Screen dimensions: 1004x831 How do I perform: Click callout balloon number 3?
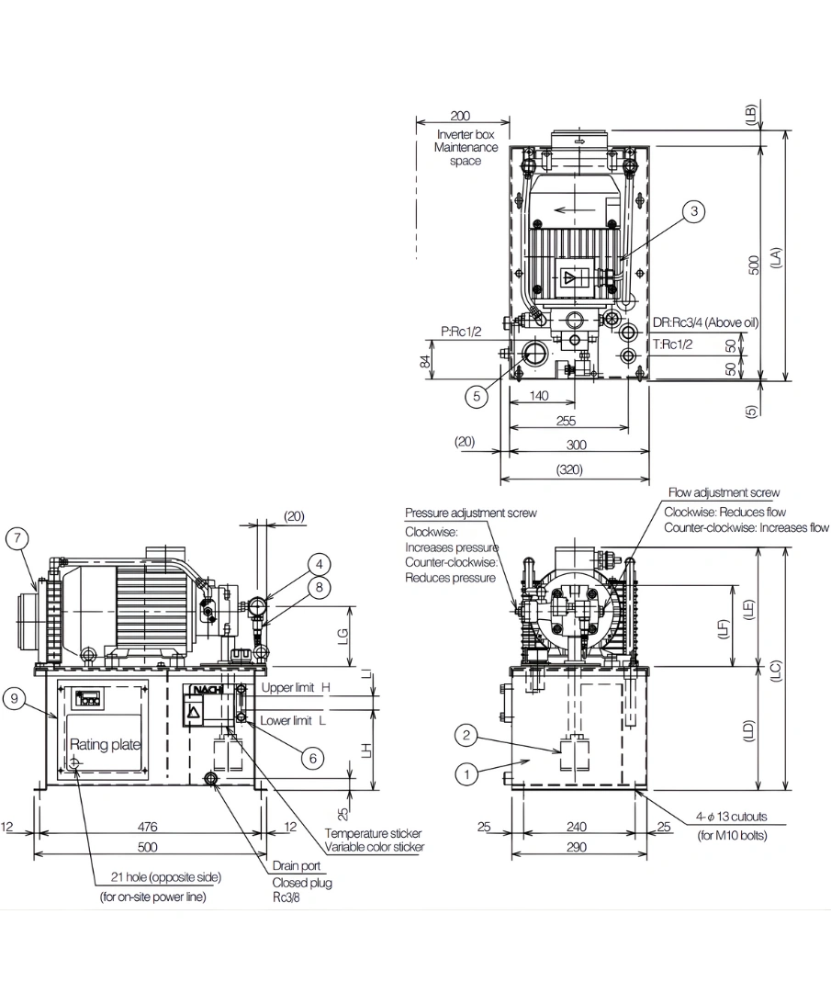click(x=695, y=211)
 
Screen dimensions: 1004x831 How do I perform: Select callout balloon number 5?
click(x=476, y=397)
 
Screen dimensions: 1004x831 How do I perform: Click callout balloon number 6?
click(x=313, y=758)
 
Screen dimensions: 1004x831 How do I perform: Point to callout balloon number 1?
click(x=467, y=774)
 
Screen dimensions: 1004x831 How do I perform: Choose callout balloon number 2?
click(x=467, y=734)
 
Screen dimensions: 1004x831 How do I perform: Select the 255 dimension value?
click(x=567, y=421)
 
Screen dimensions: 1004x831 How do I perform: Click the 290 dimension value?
click(x=576, y=847)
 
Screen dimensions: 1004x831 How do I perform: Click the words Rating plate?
click(x=105, y=744)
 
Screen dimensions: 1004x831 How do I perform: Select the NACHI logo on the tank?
click(x=205, y=691)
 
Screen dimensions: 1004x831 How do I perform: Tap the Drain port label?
click(x=294, y=866)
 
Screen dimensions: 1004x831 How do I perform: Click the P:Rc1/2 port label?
click(x=462, y=332)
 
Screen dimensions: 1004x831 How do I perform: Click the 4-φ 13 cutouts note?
click(x=730, y=816)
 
